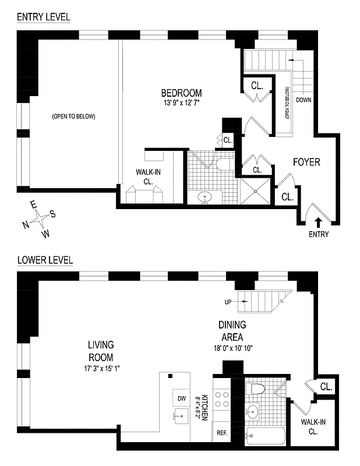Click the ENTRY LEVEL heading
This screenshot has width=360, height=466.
point(43,17)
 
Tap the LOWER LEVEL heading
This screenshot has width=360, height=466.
point(45,260)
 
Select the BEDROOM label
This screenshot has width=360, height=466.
point(181,93)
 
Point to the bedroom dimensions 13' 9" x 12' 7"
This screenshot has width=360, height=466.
point(181,104)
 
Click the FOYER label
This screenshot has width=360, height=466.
point(306,162)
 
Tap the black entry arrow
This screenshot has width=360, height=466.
point(318,221)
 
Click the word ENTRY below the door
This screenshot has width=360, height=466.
point(319,235)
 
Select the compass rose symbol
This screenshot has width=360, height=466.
point(40,220)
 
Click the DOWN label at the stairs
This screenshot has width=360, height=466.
point(303,100)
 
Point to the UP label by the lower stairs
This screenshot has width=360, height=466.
point(228,302)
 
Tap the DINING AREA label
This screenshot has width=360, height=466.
point(232,331)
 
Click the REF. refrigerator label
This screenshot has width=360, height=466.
point(221,433)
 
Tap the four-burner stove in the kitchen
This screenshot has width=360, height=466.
point(222,400)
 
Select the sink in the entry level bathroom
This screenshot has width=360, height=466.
point(204,197)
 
